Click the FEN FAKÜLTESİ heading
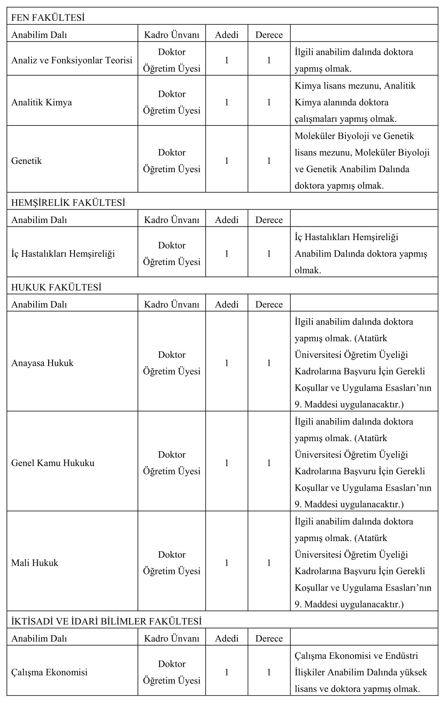(x=48, y=18)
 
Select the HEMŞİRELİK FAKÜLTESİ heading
(x=68, y=203)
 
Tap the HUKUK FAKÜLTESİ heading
(x=56, y=287)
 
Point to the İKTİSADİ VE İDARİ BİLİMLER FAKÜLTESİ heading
(x=106, y=621)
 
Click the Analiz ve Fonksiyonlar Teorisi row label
(x=72, y=60)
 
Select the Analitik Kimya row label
(x=42, y=103)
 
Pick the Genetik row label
(x=27, y=161)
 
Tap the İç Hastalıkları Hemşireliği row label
(x=63, y=254)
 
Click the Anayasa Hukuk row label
(x=42, y=363)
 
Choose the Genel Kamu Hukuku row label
(x=53, y=463)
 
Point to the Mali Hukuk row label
(x=35, y=563)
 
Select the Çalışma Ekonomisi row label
(x=49, y=672)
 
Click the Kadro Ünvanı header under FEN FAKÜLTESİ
(x=172, y=35)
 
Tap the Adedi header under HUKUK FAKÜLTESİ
(x=226, y=304)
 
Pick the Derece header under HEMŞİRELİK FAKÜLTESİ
(x=269, y=220)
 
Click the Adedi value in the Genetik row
(x=226, y=161)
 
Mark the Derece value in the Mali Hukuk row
(x=269, y=563)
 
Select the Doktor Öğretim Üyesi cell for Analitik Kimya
(x=172, y=103)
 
